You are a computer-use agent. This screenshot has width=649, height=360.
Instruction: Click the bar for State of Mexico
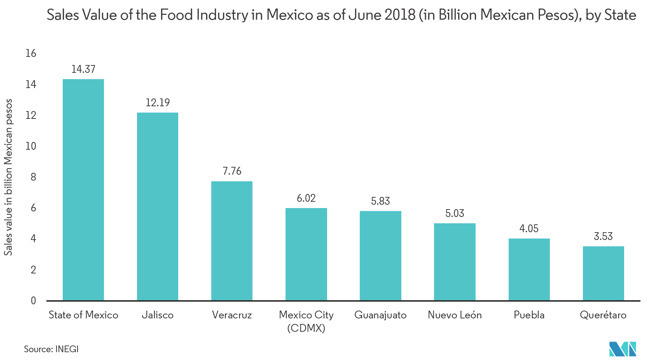click(83, 189)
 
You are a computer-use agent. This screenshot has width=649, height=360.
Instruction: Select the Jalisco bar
click(157, 206)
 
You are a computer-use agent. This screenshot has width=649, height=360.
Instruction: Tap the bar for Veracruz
click(232, 240)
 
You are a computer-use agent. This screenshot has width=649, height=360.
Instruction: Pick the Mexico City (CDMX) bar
click(306, 254)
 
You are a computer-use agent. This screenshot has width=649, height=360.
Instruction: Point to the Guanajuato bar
click(380, 255)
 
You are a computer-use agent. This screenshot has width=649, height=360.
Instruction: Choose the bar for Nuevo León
click(454, 262)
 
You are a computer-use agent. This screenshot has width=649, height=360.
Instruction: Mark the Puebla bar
click(529, 269)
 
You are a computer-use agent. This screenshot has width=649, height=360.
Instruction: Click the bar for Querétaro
click(603, 273)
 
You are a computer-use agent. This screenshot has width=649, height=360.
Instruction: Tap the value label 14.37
click(83, 69)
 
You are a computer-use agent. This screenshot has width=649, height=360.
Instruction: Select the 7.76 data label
click(232, 171)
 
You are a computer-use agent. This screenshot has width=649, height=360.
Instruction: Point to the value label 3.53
click(603, 236)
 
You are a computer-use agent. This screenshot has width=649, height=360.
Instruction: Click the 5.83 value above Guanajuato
click(380, 201)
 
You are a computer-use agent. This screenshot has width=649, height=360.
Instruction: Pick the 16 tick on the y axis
click(31, 53)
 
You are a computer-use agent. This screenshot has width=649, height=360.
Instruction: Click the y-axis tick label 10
click(31, 146)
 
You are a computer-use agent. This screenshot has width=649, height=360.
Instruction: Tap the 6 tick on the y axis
click(33, 208)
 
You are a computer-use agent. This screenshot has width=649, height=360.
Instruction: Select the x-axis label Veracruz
click(232, 315)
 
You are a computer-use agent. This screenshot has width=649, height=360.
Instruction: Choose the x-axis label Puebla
click(529, 315)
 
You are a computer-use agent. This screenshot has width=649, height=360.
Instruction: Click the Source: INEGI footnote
click(51, 349)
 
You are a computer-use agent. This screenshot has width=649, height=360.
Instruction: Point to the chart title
click(341, 15)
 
